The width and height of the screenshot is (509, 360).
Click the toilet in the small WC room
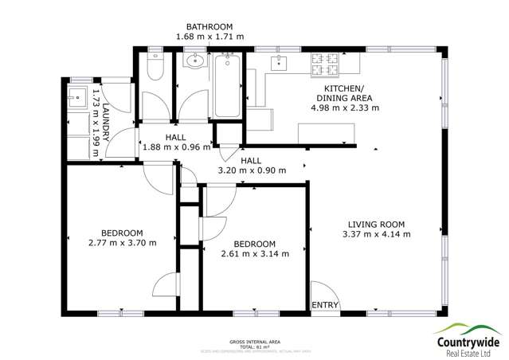pos(155,70)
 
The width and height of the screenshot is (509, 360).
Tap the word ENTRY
pos(325,305)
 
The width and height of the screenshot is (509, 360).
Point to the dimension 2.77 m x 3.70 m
pos(122,242)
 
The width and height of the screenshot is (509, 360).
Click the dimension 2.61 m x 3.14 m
pos(254,254)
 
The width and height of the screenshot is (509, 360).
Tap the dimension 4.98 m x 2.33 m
pos(345,107)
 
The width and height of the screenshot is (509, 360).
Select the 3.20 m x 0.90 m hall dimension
pos(252,170)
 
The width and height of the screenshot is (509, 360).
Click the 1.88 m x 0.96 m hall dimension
pos(176,147)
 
